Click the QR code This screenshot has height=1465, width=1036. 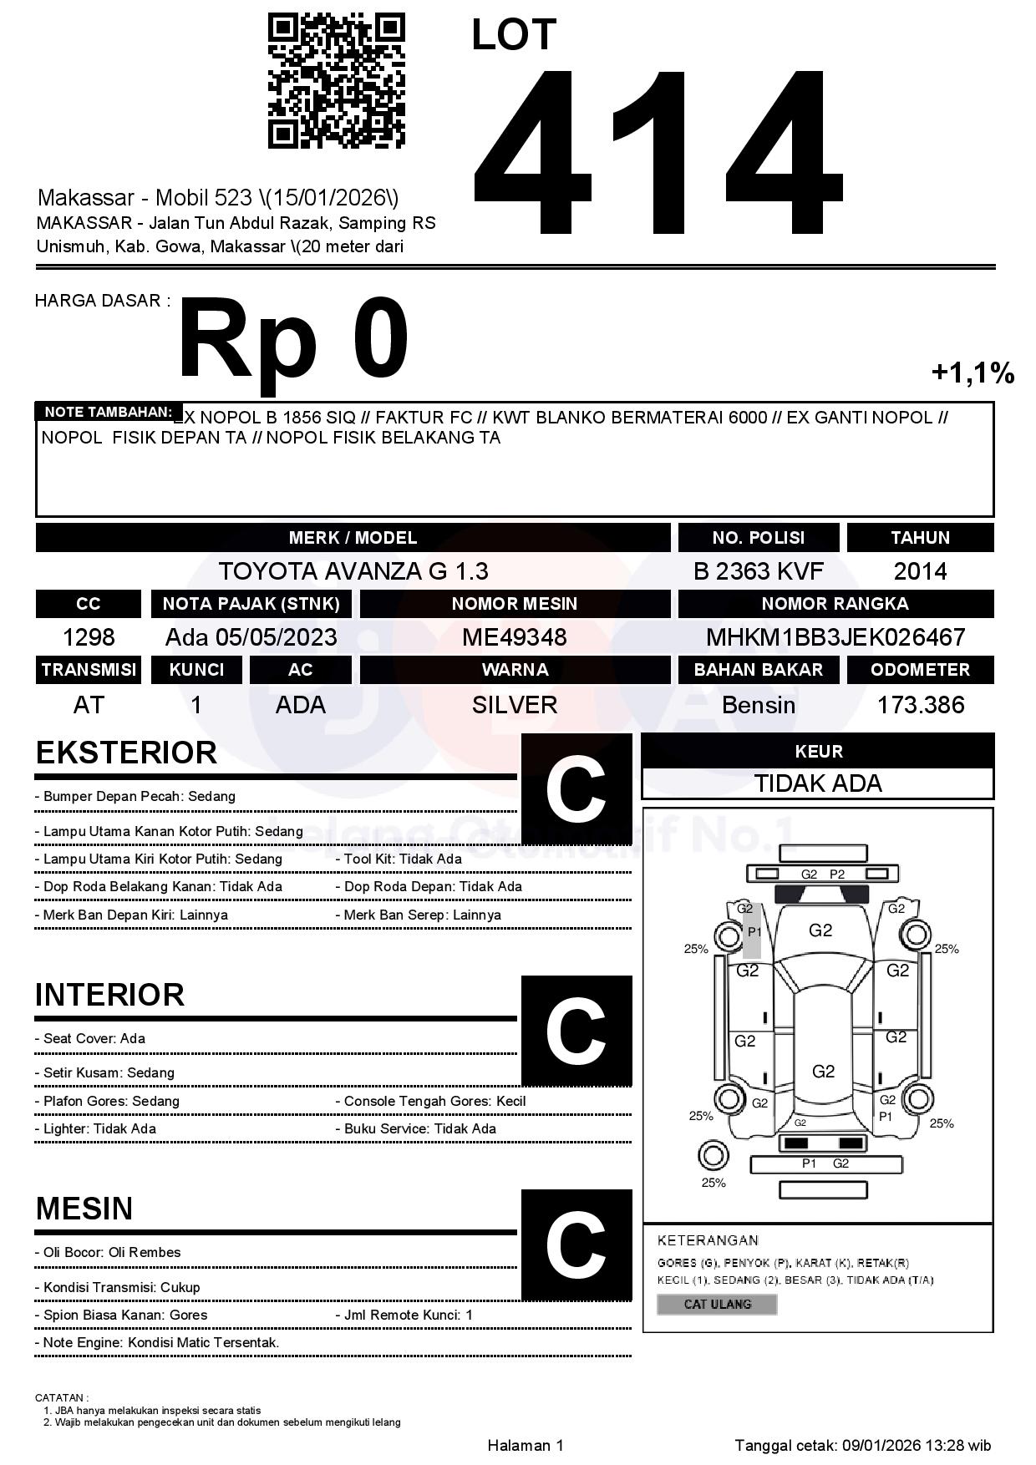336,81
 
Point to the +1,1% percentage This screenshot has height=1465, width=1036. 973,373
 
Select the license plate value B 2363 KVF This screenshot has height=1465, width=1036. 758,571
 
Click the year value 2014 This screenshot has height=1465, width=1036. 920,571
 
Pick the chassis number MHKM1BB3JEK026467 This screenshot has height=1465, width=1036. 835,637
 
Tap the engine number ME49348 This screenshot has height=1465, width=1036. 515,637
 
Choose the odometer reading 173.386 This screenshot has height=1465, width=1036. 920,705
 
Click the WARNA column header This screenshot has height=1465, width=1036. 515,670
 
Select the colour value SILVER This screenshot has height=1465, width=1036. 515,705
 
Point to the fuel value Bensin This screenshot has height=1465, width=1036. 758,705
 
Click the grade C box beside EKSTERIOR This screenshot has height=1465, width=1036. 576,789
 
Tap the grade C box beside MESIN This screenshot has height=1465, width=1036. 576,1244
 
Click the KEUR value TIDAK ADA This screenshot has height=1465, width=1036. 818,783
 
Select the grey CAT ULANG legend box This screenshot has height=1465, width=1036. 717,1304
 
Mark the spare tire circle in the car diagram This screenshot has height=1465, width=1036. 713,1156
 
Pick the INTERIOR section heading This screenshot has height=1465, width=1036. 109,995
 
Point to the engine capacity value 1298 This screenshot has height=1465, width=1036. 89,637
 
